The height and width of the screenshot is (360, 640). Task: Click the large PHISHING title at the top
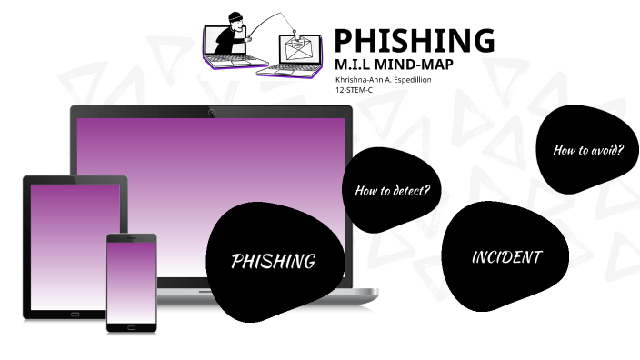click(414, 41)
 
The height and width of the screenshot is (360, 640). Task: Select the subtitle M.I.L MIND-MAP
click(393, 65)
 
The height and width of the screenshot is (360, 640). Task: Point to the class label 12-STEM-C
click(355, 91)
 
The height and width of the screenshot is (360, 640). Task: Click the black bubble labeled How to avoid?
click(587, 150)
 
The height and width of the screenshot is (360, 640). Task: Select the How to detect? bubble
click(391, 190)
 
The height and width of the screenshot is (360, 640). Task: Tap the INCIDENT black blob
click(505, 257)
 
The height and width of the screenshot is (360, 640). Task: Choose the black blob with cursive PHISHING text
click(273, 262)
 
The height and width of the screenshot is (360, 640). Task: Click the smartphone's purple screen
click(131, 281)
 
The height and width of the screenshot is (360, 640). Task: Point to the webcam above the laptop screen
click(211, 113)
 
